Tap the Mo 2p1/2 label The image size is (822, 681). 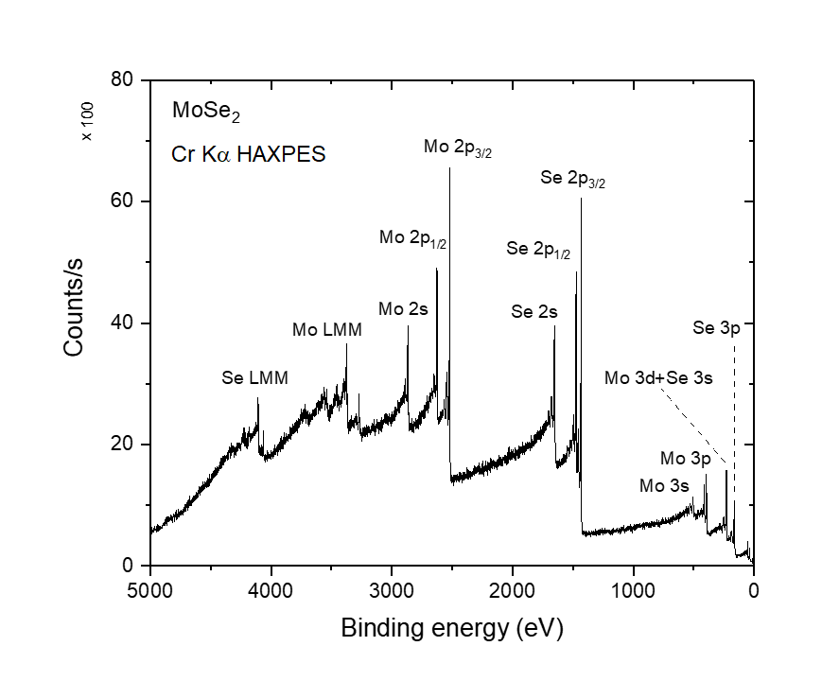coord(412,238)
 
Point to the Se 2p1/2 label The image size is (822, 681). coord(538,251)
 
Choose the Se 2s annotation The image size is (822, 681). coord(534,310)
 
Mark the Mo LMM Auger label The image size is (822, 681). coord(326,330)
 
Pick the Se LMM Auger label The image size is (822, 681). coord(254,377)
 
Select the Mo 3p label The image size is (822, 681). coord(685,459)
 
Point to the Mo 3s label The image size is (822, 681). coord(664,486)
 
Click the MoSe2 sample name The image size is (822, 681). coord(205,112)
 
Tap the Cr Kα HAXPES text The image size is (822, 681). coord(249,154)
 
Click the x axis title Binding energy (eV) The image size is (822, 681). coord(451,628)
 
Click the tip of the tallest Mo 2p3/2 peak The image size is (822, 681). coord(449,168)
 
